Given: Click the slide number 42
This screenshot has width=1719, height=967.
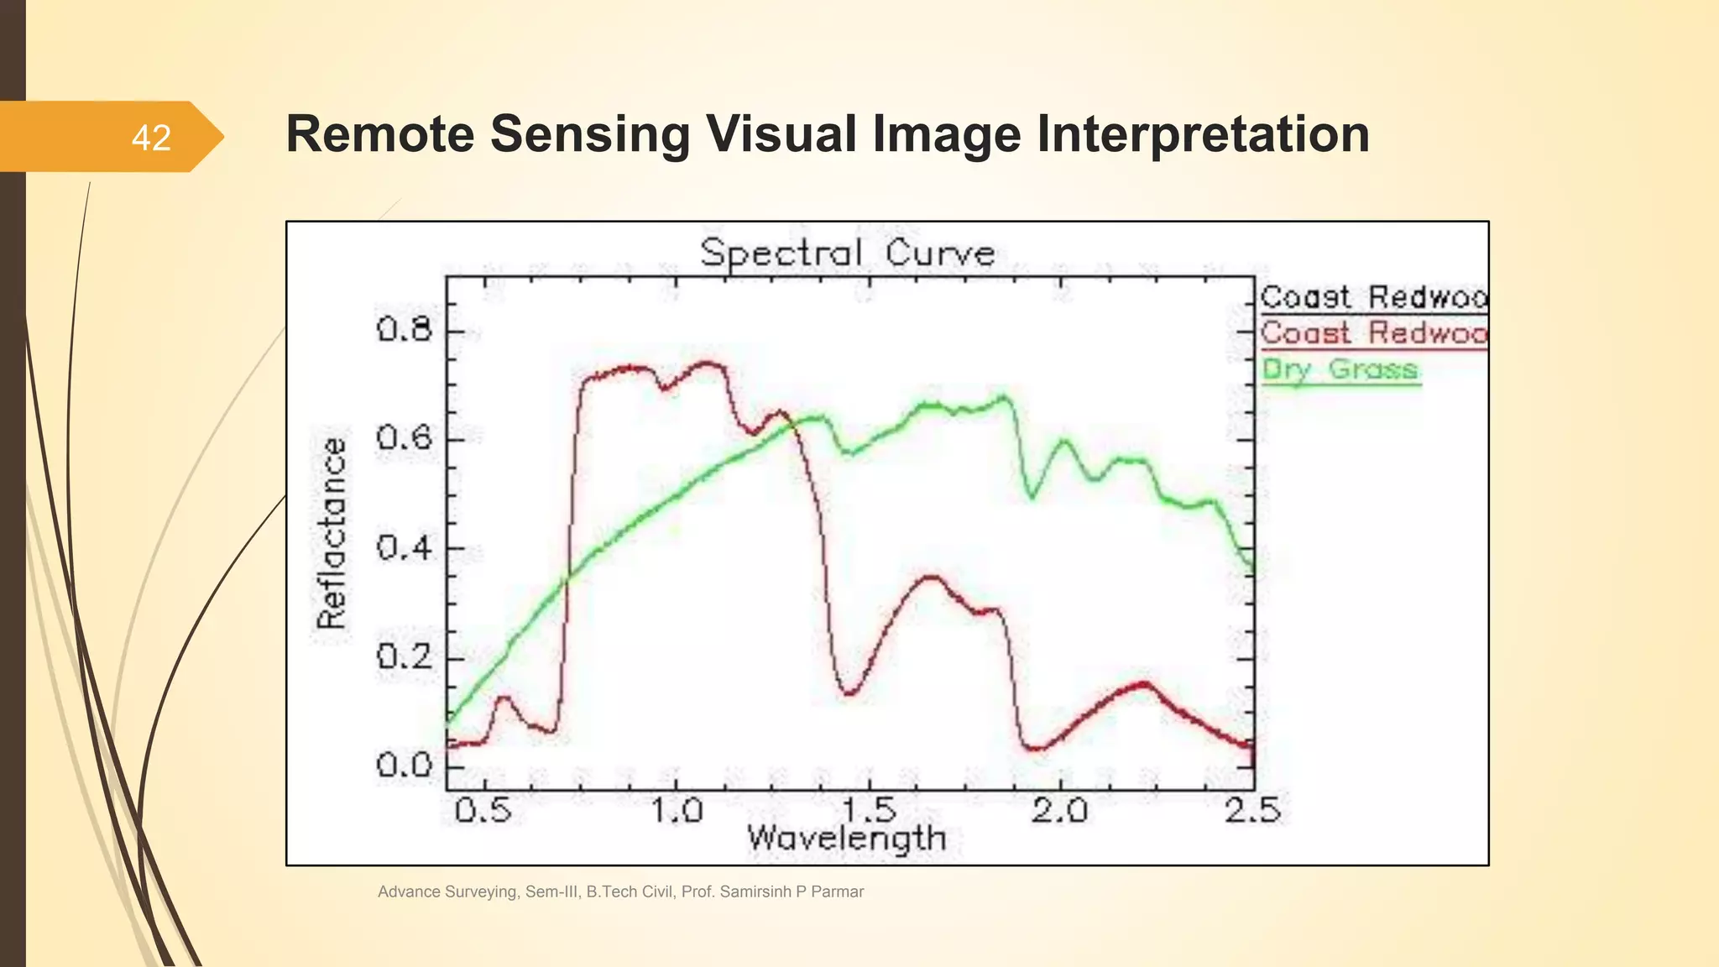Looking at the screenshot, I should click(x=151, y=138).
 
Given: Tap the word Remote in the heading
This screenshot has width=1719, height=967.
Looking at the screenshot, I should click(x=379, y=134).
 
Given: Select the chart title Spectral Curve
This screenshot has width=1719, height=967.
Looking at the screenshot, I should click(x=848, y=253).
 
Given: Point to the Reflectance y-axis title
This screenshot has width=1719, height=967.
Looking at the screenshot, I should click(x=332, y=533).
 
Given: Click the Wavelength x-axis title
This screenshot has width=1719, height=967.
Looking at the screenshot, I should click(x=846, y=838).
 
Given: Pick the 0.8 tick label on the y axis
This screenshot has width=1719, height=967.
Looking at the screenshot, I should click(x=405, y=329).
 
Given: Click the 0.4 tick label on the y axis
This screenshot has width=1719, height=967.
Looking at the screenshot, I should click(x=405, y=548).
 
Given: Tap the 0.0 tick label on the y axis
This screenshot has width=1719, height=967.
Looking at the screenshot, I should click(x=405, y=765).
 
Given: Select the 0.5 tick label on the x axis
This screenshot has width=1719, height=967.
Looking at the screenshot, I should click(x=483, y=811).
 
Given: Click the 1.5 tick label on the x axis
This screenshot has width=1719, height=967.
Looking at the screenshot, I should click(x=869, y=811).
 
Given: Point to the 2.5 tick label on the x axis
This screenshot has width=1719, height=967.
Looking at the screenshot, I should click(x=1252, y=811).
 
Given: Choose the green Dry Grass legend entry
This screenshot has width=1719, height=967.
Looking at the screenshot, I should click(x=1340, y=369).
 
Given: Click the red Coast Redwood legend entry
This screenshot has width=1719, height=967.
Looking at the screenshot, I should click(x=1373, y=333).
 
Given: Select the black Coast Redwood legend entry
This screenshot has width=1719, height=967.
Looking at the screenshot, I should click(x=1373, y=297).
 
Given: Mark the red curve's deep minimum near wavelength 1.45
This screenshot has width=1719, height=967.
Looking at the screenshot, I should click(x=849, y=693).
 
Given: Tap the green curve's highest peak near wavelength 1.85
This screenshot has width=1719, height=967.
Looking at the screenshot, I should click(x=1001, y=397).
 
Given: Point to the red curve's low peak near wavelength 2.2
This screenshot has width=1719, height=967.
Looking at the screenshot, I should click(x=1143, y=684).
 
